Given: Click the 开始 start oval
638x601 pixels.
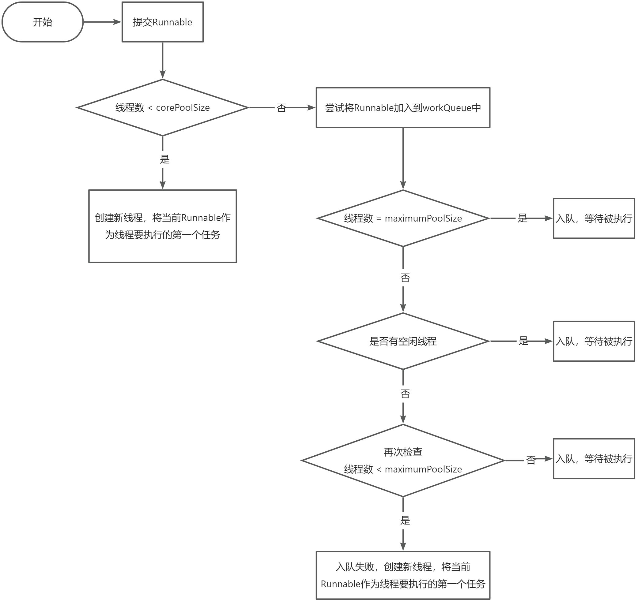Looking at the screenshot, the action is pyautogui.click(x=42, y=22).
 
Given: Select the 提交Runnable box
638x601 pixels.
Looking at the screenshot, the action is pyautogui.click(x=162, y=22).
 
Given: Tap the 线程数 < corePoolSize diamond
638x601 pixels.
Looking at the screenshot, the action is pyautogui.click(x=162, y=108).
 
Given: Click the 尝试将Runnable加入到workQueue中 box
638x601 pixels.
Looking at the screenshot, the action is pyautogui.click(x=403, y=108).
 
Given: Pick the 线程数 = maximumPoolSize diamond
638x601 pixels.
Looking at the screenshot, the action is pyautogui.click(x=403, y=218).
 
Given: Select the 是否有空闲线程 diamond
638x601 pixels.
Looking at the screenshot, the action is pyautogui.click(x=403, y=341).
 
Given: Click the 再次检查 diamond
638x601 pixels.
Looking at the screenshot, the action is pyautogui.click(x=403, y=461).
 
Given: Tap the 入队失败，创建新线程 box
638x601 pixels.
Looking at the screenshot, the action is pyautogui.click(x=403, y=575).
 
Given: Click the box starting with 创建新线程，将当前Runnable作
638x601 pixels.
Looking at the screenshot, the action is pyautogui.click(x=162, y=226).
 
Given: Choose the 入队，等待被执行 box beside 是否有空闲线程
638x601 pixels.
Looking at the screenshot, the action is pyautogui.click(x=594, y=341).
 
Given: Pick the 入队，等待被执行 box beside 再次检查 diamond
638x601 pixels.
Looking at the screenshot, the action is pyautogui.click(x=594, y=459).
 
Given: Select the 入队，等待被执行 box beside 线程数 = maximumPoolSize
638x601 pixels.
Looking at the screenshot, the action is pyautogui.click(x=594, y=218).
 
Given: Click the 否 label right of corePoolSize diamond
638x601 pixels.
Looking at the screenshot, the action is pyautogui.click(x=281, y=108).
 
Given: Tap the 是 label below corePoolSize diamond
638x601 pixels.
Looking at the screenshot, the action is pyautogui.click(x=165, y=159).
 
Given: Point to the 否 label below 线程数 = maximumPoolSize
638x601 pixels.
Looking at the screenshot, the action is pyautogui.click(x=405, y=278).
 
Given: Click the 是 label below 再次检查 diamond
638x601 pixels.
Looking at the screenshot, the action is pyautogui.click(x=405, y=520).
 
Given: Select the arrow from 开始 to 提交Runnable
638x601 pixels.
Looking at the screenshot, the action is pyautogui.click(x=102, y=22).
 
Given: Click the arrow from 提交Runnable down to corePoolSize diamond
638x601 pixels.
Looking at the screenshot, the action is pyautogui.click(x=163, y=61).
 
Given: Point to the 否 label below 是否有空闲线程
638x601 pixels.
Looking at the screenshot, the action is pyautogui.click(x=405, y=394).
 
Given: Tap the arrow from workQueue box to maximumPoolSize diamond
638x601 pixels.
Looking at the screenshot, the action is pyautogui.click(x=403, y=159).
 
